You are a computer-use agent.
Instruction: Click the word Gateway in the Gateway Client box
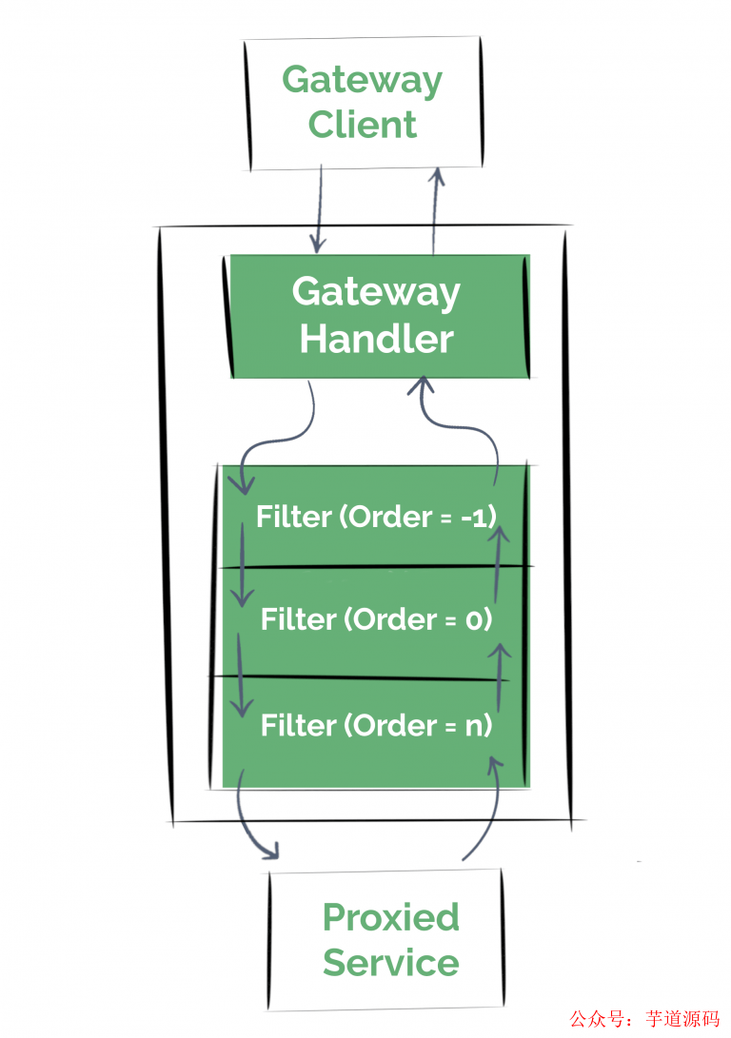[x=362, y=80]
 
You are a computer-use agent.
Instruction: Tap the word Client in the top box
[x=363, y=125]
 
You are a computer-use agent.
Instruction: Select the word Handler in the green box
[x=376, y=339]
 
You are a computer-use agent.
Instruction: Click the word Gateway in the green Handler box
[x=376, y=291]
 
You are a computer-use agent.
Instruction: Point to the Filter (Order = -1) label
[x=377, y=517]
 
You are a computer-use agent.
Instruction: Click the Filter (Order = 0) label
[x=377, y=620]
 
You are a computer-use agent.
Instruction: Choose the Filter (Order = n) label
[x=377, y=726]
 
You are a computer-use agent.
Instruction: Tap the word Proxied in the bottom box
[x=390, y=917]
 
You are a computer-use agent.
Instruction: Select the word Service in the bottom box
[x=390, y=963]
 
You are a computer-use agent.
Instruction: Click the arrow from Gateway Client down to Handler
[x=318, y=209]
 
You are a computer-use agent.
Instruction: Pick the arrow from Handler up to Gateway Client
[x=436, y=209]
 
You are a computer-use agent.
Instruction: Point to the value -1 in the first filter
[x=483, y=517]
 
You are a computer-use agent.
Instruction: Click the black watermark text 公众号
[x=595, y=1018]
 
